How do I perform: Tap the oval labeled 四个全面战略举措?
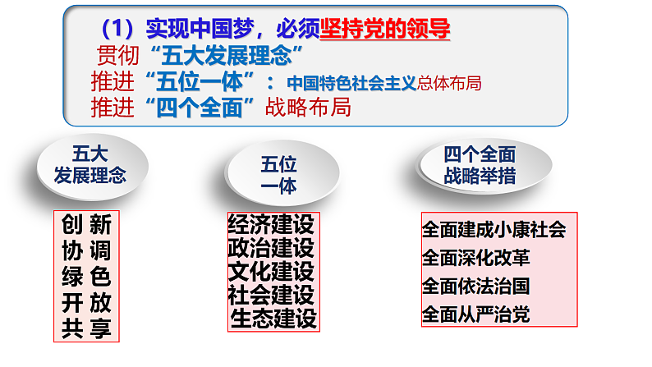(x=480, y=164)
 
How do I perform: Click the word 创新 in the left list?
(x=86, y=223)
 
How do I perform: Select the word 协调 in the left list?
(x=86, y=250)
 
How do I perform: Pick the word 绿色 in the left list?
(x=86, y=276)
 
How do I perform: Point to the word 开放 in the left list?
(x=86, y=302)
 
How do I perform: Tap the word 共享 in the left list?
(x=86, y=328)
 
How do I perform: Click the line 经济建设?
(x=272, y=224)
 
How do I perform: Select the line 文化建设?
(x=272, y=271)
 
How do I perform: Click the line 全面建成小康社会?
(x=494, y=229)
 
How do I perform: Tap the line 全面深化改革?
(x=475, y=258)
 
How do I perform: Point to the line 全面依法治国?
(x=475, y=286)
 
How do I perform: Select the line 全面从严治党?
(x=475, y=314)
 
